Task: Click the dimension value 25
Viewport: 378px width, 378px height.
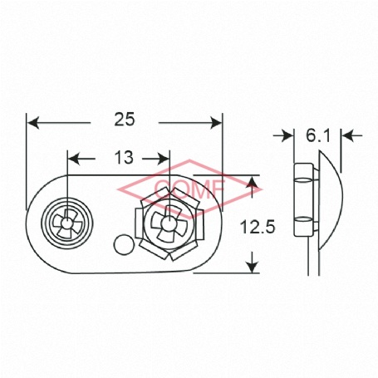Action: point(125,120)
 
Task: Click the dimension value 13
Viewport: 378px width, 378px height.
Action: point(124,158)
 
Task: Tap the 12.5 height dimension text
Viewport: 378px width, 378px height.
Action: point(258,227)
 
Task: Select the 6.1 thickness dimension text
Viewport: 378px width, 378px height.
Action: point(318,135)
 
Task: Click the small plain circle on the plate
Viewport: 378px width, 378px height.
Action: point(124,244)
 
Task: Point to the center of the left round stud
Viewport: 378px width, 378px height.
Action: point(66,223)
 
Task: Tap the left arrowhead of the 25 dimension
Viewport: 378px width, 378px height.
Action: point(32,123)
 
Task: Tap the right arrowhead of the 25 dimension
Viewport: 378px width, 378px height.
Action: point(216,123)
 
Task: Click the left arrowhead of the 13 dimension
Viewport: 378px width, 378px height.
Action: point(73,159)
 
